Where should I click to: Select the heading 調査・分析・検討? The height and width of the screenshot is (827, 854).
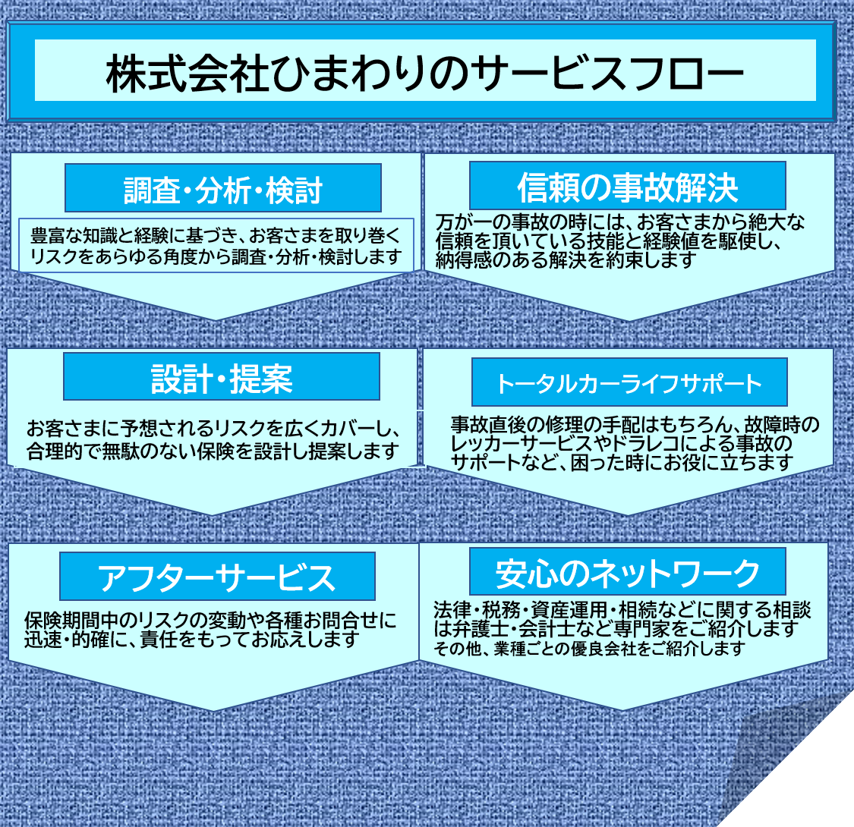pyautogui.click(x=223, y=190)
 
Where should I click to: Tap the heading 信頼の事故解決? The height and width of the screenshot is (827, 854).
pyautogui.click(x=627, y=187)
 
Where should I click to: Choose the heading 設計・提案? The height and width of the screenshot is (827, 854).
pyautogui.click(x=222, y=379)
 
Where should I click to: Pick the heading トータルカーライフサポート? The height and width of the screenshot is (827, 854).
pyautogui.click(x=629, y=383)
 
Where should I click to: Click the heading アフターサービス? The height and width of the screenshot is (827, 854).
pyautogui.click(x=217, y=577)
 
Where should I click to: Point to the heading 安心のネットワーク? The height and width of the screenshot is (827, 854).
pyautogui.click(x=627, y=574)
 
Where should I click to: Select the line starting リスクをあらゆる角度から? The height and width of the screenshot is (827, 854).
pyautogui.click(x=215, y=256)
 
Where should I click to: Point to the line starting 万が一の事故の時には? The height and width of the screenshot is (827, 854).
pyautogui.click(x=620, y=223)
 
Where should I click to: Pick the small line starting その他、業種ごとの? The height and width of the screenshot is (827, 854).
pyautogui.click(x=590, y=649)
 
